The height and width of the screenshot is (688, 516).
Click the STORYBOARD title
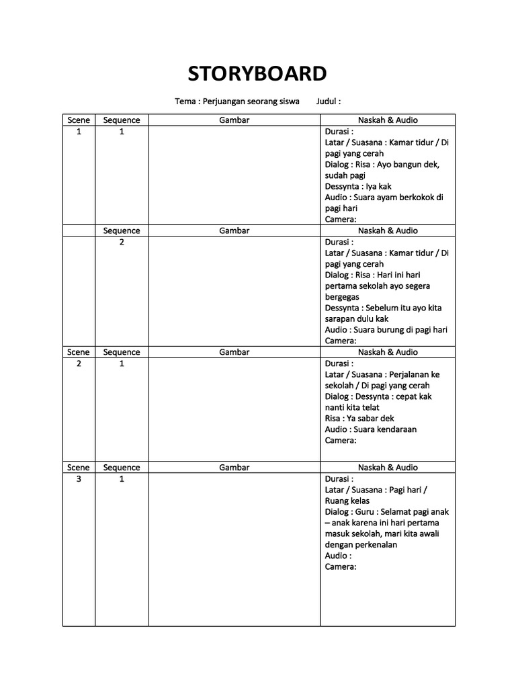click(257, 73)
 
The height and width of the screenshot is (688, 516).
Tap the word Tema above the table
click(184, 101)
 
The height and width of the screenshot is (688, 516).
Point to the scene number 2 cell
click(79, 363)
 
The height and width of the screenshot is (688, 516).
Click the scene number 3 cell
click(79, 479)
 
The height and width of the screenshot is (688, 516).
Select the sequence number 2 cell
click(122, 242)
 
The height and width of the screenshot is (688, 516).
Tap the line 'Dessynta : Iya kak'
click(358, 187)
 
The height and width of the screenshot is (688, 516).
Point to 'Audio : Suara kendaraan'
click(371, 429)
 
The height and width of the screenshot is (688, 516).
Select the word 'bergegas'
click(342, 297)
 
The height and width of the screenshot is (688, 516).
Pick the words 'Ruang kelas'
click(347, 501)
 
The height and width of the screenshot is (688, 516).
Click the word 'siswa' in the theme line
click(288, 101)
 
